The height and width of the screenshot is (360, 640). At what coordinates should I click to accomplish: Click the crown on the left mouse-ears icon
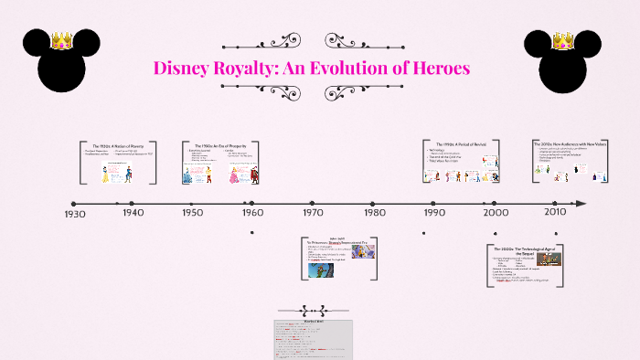[61, 40]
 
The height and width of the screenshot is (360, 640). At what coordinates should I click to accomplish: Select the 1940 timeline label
[133, 213]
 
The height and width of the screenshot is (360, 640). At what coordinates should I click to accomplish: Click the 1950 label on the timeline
[193, 213]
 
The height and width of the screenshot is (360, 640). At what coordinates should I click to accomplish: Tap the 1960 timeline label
[253, 213]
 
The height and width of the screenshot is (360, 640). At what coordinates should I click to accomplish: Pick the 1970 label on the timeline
[313, 213]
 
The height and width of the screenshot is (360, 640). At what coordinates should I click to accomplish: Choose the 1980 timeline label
[375, 213]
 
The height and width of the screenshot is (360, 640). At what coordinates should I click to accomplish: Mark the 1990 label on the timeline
[434, 213]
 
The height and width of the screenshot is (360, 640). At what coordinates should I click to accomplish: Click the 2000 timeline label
[496, 213]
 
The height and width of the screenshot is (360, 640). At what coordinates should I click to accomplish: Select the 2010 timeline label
[555, 213]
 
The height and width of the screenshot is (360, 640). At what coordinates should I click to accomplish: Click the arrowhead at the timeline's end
[582, 204]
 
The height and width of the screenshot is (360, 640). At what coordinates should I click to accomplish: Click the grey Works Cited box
[313, 339]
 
